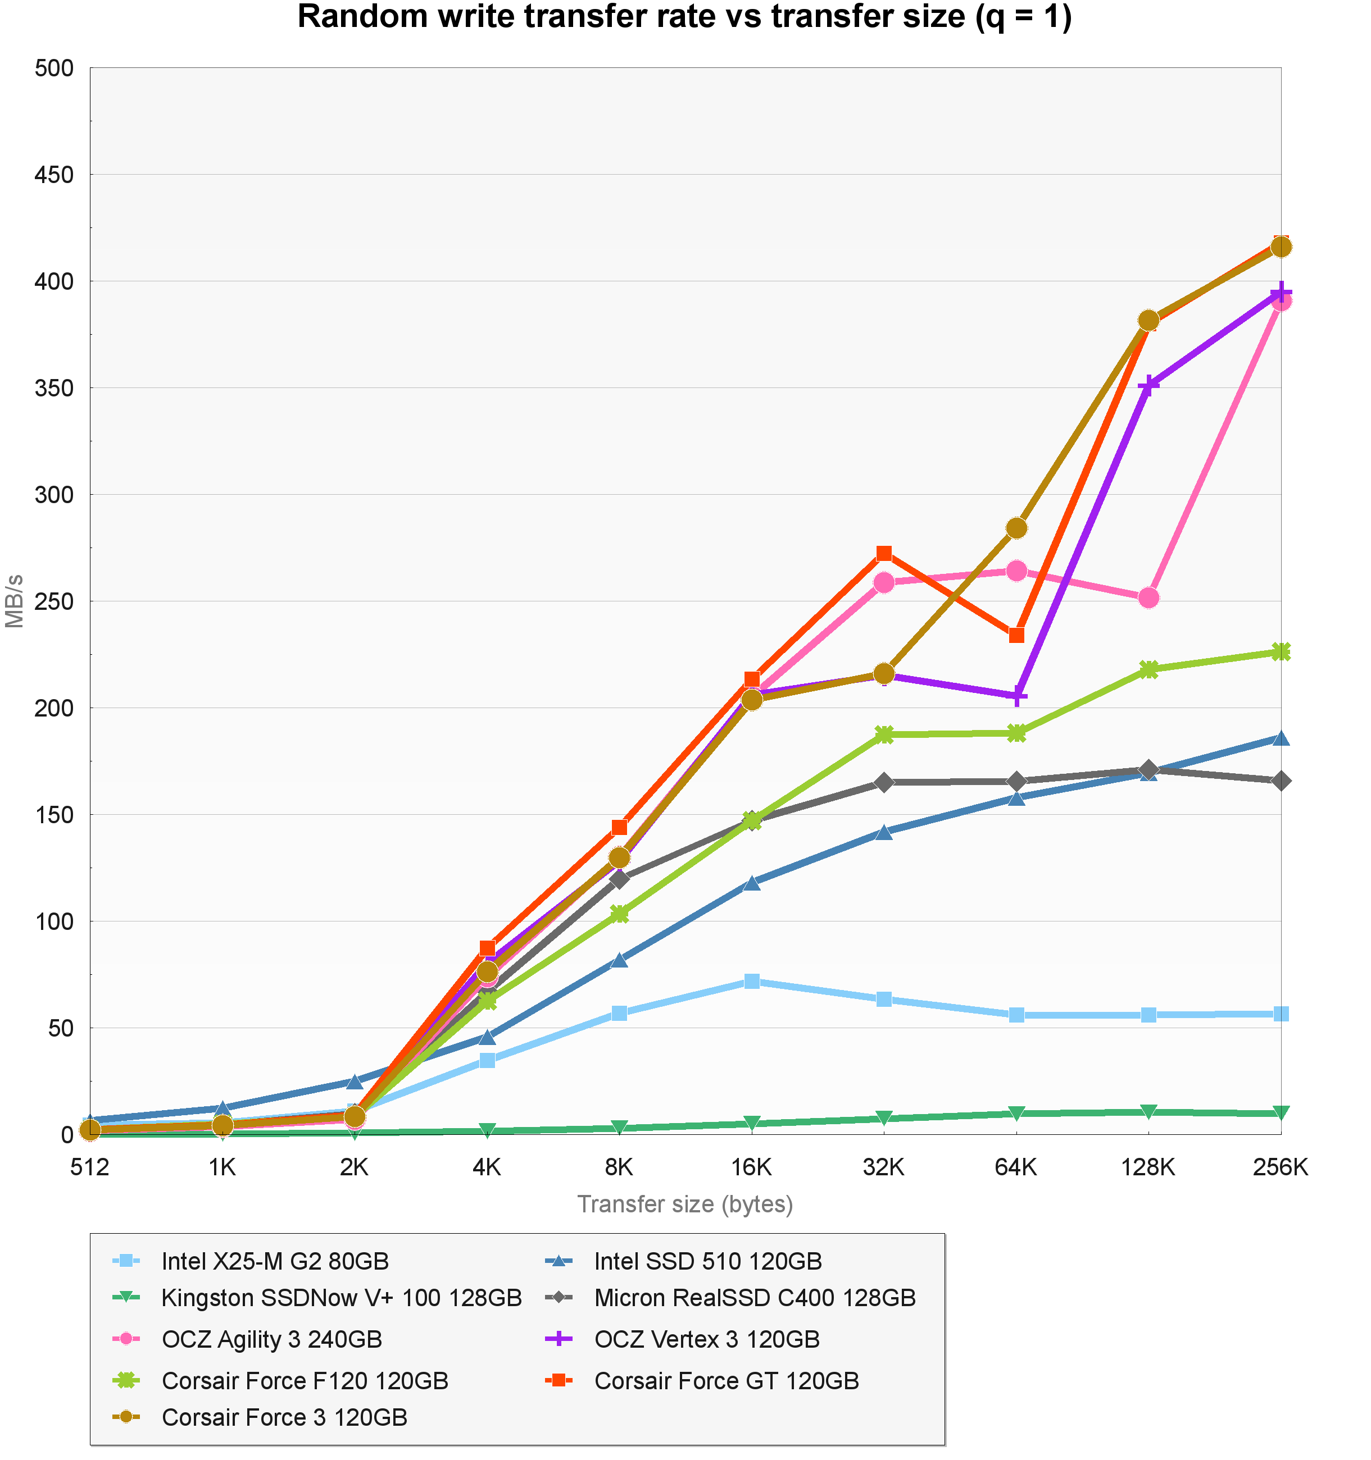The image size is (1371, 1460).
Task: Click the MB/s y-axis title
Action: click(x=15, y=601)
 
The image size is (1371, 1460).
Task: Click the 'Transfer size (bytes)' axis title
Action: click(x=685, y=1204)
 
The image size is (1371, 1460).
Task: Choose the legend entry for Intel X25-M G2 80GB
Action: click(x=275, y=1261)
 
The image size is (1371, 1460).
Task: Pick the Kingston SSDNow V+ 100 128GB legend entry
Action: click(x=342, y=1298)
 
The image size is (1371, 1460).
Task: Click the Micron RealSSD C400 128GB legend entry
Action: click(x=755, y=1298)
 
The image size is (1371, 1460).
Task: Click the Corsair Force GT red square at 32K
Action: click(x=884, y=553)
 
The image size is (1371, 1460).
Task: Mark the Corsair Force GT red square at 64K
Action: click(x=1016, y=635)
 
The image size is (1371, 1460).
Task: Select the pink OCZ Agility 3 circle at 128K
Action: click(x=1148, y=598)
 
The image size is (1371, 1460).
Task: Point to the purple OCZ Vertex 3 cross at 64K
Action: click(x=1016, y=696)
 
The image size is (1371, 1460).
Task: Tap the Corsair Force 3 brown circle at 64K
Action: click(x=1016, y=528)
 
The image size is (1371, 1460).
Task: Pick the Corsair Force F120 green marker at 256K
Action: click(x=1281, y=651)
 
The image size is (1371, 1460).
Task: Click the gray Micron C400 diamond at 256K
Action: click(x=1281, y=781)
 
